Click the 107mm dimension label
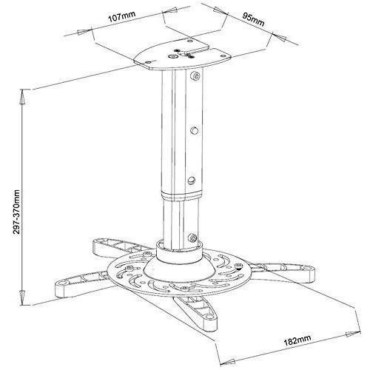[x=122, y=16]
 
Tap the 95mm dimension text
[x=253, y=19]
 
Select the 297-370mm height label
[x=16, y=212]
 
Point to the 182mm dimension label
[x=297, y=340]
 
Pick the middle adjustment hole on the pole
[x=195, y=129]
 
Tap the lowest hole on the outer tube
[x=192, y=181]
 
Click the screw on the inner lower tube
[x=192, y=238]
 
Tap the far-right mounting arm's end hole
[x=306, y=268]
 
